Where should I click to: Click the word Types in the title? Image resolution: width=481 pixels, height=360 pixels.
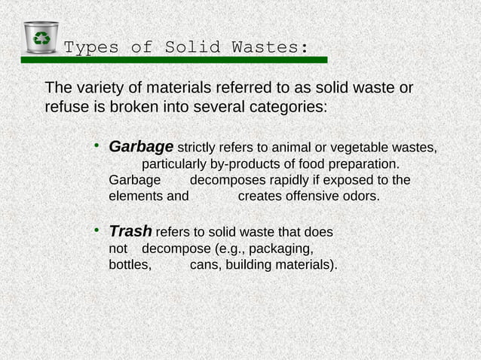coord(90,47)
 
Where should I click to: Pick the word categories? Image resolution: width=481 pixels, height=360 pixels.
coord(286,107)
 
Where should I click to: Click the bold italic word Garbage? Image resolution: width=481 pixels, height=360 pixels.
coord(142,145)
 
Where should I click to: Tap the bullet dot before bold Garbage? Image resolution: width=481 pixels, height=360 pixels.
coord(97,143)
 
